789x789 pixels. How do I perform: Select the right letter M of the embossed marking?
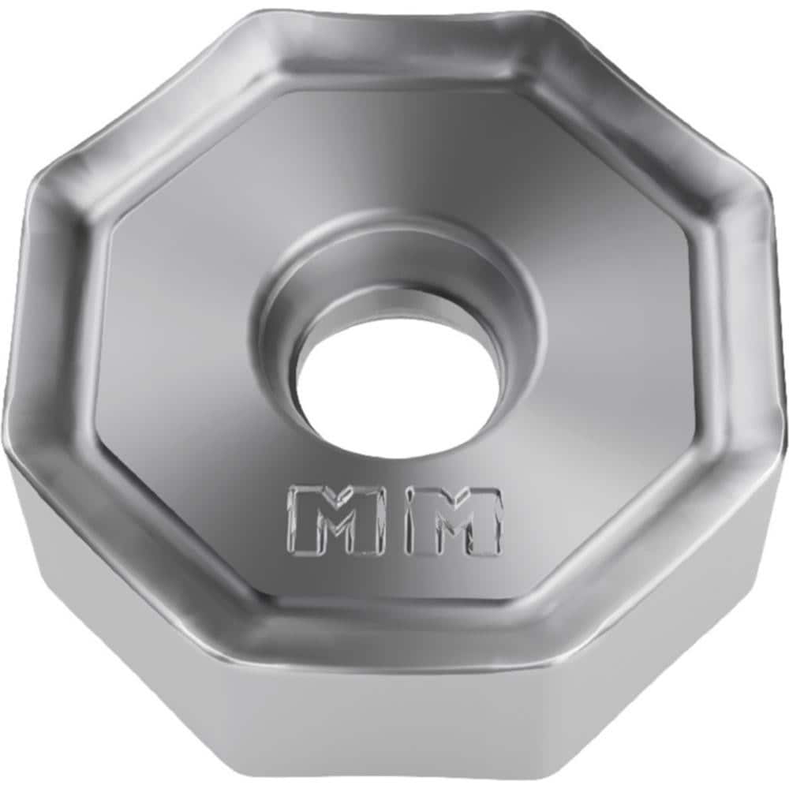(454, 521)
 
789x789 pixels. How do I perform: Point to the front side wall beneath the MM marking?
(394, 710)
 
